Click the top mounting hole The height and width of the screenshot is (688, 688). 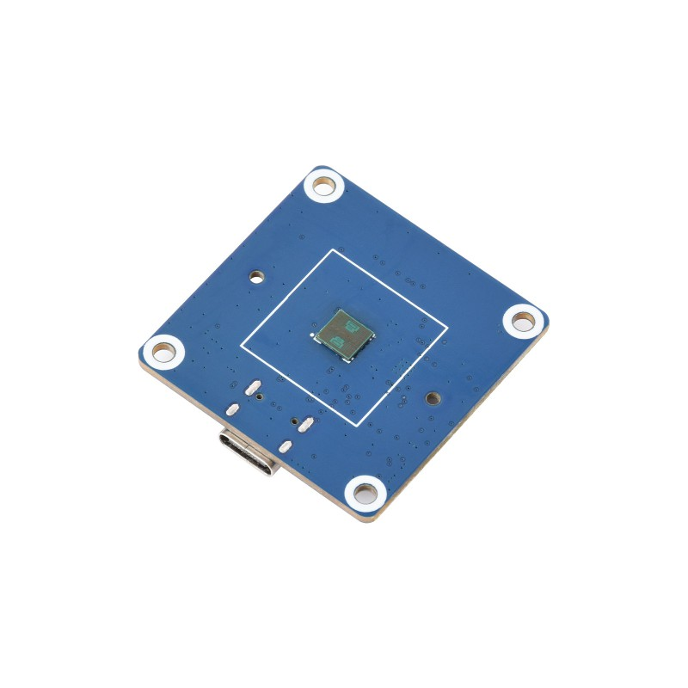[x=325, y=185]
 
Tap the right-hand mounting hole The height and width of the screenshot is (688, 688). [x=523, y=320]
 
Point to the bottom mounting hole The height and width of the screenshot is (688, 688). [x=365, y=494]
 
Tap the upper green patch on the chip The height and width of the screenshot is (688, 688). [x=353, y=327]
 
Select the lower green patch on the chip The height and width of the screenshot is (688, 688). [x=338, y=344]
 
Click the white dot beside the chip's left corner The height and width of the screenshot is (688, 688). [x=311, y=334]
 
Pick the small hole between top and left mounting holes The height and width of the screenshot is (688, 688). [x=256, y=277]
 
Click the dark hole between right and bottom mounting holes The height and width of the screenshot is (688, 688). [x=433, y=398]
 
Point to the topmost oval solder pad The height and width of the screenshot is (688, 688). [x=254, y=388]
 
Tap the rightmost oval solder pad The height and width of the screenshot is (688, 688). [x=304, y=423]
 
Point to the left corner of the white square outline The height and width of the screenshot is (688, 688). [x=241, y=348]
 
